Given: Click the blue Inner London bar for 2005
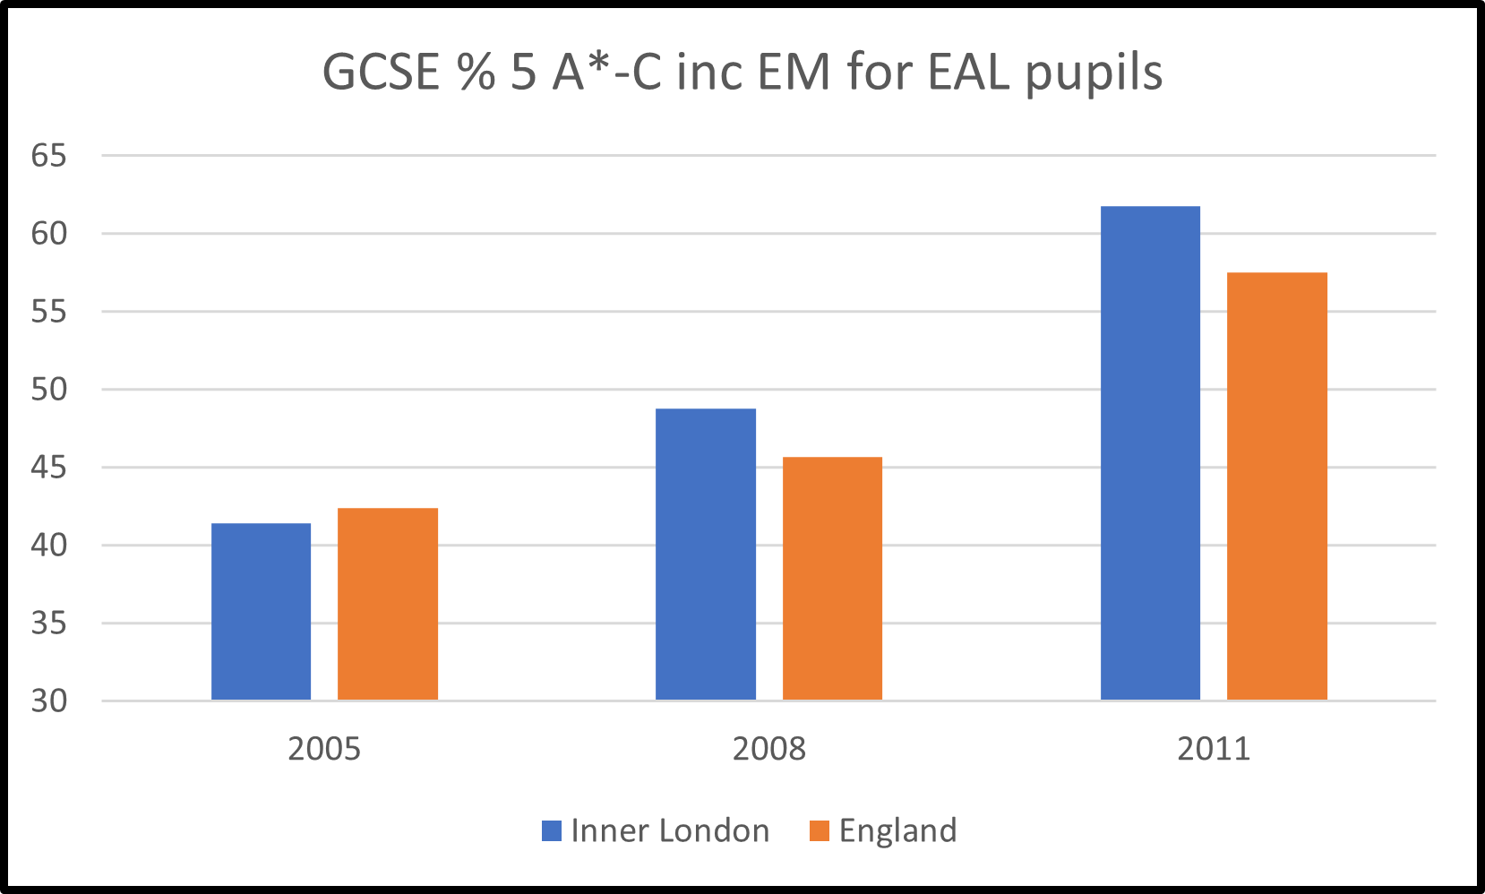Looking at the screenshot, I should coord(261,611).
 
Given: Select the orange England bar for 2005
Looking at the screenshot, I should coord(388,604).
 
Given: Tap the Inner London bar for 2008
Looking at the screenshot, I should coord(706,554).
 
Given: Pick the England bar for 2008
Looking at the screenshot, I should coord(832,578).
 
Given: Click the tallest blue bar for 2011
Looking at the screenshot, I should coord(1150,452).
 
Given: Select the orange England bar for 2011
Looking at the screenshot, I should coord(1276,486).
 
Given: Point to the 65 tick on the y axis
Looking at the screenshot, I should coord(49,156).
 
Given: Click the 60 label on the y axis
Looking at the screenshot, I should coord(49,234).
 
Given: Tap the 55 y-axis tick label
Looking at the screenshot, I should coord(49,312).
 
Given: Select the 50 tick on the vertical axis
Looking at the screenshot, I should coord(49,390).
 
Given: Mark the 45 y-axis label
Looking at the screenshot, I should coord(49,468).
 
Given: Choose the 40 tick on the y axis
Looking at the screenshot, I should coord(49,546).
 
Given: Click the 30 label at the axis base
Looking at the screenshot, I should coord(49,701).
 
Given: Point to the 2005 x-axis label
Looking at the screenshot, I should coord(324,749).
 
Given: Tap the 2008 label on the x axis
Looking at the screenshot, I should coord(768,749).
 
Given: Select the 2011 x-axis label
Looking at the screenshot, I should coord(1213,749).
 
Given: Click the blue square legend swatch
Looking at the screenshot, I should coord(552,831).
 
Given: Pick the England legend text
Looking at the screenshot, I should coord(897,831).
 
